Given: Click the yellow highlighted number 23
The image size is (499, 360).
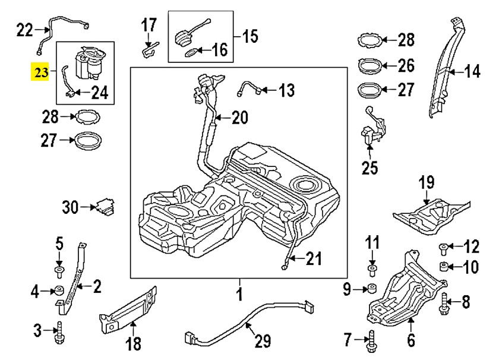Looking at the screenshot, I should point(41,73).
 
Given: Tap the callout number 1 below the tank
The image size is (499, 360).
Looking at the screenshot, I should point(239,293).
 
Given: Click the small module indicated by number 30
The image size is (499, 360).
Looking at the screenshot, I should point(106,207).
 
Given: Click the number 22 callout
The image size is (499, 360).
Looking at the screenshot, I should point(25,29).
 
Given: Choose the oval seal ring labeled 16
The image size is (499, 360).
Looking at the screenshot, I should point(191,53).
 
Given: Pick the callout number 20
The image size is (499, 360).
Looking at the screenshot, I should point(239,118).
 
